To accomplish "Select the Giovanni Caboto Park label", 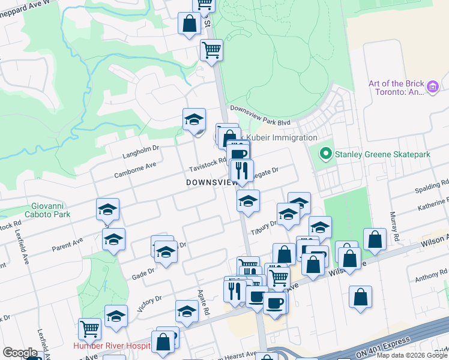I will (x=47, y=210).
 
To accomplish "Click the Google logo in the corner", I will (x=20, y=353).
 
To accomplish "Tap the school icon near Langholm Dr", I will (x=194, y=119).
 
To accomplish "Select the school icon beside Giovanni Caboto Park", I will (x=107, y=209).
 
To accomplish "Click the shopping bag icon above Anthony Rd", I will (x=360, y=297).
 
